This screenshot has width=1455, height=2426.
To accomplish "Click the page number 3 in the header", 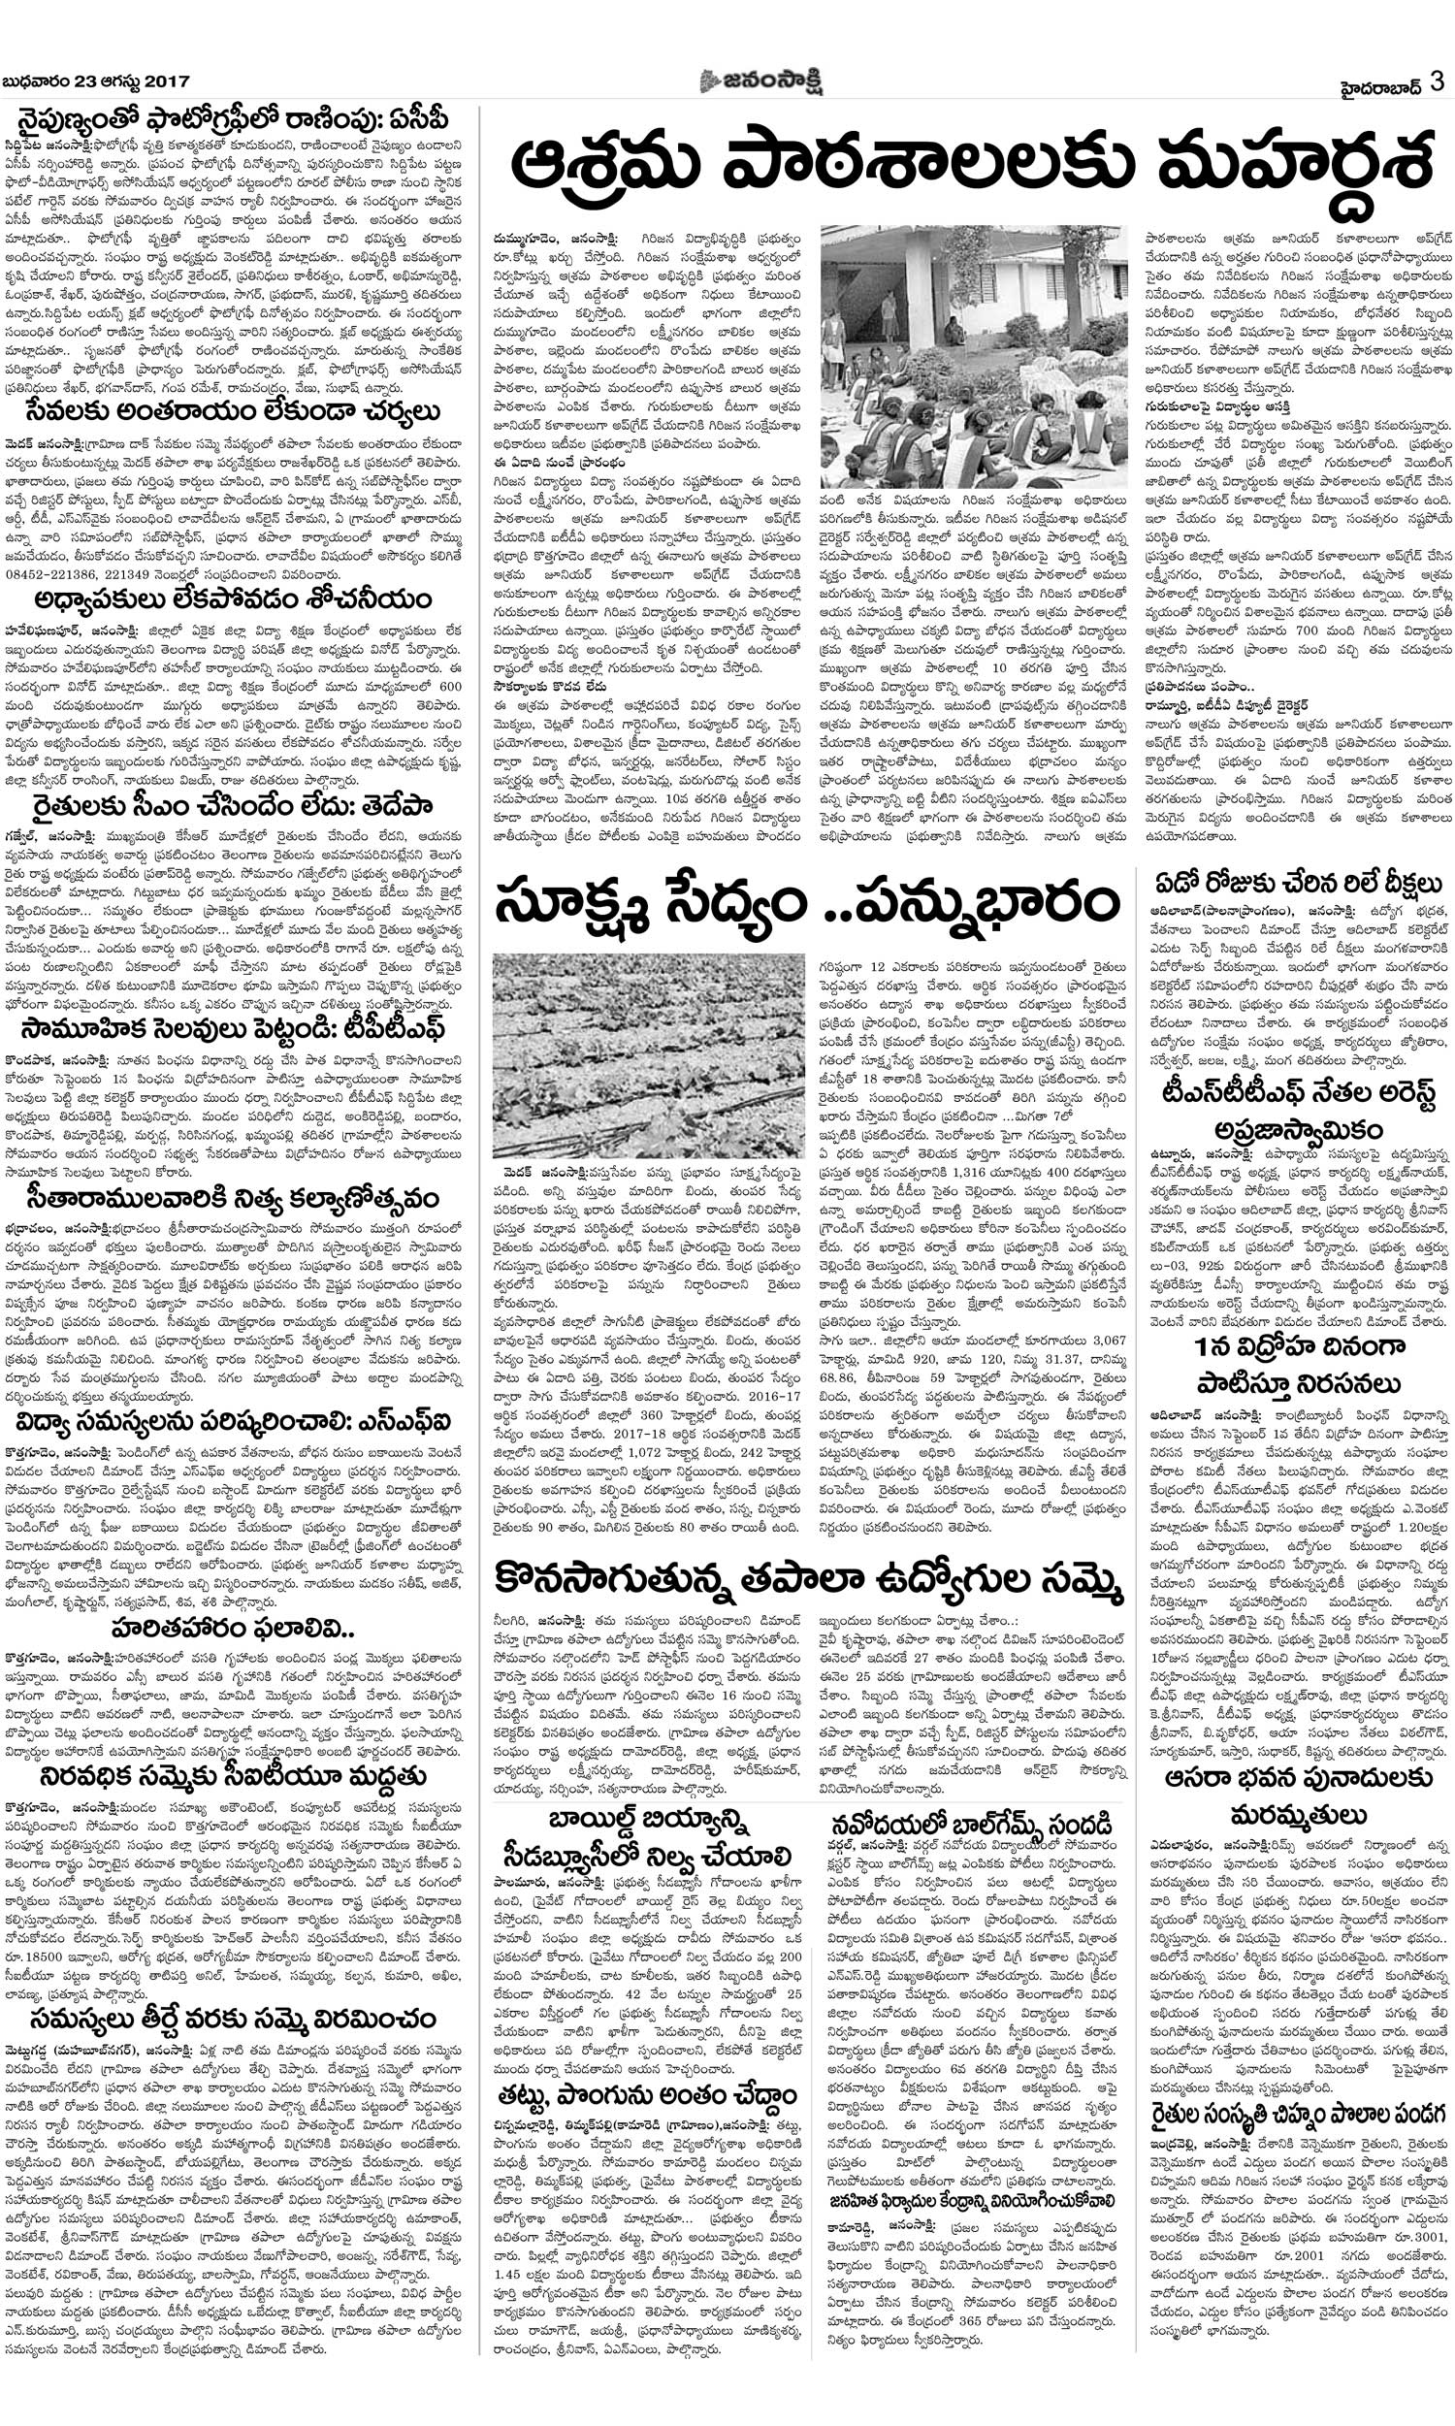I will pos(1437,81).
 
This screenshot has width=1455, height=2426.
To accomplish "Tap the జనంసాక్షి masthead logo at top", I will pos(760,82).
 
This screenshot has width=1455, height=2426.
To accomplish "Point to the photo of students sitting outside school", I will pos(974,358).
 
